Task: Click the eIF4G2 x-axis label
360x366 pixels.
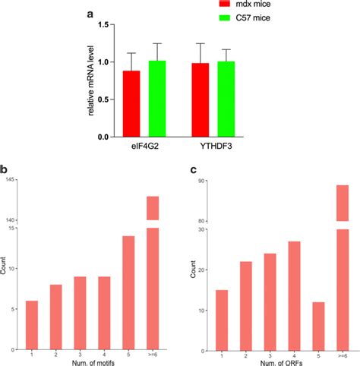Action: click(x=143, y=147)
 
